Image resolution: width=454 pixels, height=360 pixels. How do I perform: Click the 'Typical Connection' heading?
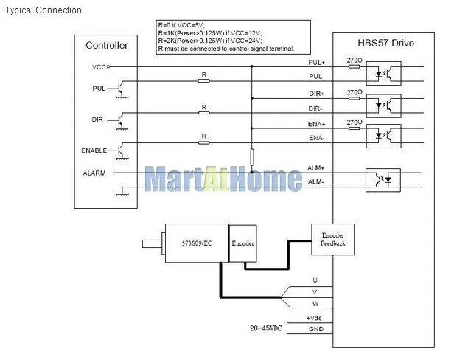point(43,10)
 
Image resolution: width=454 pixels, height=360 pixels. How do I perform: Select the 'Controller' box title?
point(107,45)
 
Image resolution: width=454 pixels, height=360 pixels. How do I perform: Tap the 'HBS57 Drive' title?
point(385,43)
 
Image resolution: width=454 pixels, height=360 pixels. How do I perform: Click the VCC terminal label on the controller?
point(99,67)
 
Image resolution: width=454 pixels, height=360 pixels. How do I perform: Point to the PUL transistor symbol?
point(121,89)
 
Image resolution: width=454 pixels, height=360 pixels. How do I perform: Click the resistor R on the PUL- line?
point(203,81)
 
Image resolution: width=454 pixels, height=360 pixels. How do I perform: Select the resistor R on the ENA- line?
point(203,142)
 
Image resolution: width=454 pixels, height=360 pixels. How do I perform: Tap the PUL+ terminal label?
point(316,62)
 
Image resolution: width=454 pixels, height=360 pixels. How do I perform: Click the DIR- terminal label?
point(315,108)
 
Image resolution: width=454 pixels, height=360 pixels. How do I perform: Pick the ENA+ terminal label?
point(316,124)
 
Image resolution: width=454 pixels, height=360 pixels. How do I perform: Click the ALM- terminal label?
point(315,181)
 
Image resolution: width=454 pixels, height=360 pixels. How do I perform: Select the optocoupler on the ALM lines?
point(383,180)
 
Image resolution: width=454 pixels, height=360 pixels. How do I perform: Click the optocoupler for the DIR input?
point(384,105)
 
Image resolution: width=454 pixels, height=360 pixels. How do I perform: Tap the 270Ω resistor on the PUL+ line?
point(354,66)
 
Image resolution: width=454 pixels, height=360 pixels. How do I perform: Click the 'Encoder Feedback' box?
point(332,240)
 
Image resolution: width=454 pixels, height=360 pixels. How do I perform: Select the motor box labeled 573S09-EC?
point(197,243)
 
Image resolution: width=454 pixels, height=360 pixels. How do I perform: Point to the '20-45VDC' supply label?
point(265,328)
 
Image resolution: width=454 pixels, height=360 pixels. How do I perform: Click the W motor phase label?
point(315,304)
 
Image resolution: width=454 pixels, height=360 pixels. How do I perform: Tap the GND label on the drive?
point(316,329)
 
